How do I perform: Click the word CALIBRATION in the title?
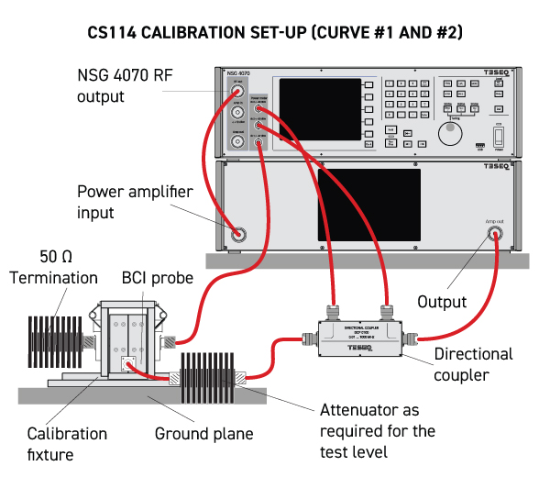192,33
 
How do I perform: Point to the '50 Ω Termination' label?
54,268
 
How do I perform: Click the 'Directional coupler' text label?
474,363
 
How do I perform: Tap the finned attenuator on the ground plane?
211,374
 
